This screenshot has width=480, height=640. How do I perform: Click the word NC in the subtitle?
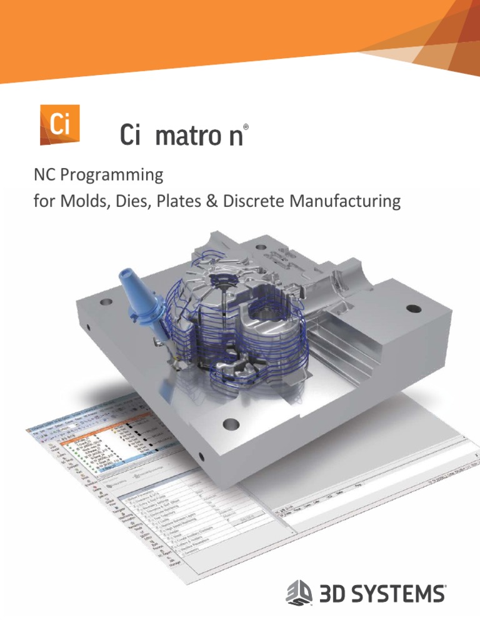[44, 175]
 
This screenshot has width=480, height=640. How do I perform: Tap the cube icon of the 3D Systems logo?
[299, 591]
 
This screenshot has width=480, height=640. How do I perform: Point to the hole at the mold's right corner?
[413, 309]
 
